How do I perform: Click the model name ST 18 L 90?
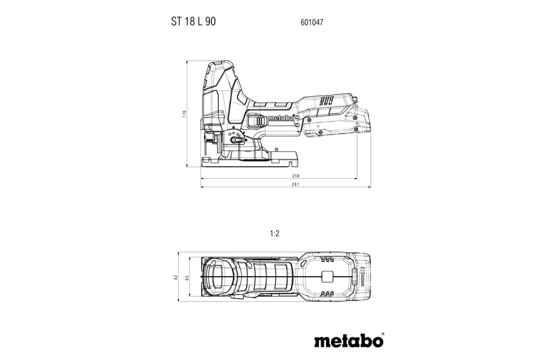coord(194,22)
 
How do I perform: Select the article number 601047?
coord(312,22)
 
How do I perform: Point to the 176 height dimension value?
coord(184,114)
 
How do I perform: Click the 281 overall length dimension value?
coord(295,184)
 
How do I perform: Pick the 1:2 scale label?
coord(275,233)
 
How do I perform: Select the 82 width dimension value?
coord(176,277)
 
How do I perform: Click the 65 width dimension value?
coord(187,277)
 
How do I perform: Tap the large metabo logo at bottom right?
coord(348,342)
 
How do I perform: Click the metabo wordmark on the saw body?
coord(281,118)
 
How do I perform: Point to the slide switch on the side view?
coord(257,121)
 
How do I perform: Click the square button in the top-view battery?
coord(327,277)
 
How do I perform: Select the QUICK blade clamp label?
coord(208,139)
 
